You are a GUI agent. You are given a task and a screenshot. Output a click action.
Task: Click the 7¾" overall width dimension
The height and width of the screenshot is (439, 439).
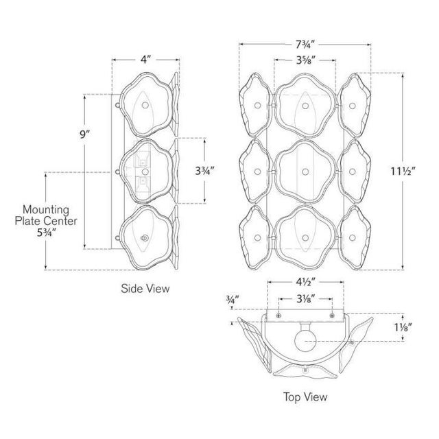(x=305, y=45)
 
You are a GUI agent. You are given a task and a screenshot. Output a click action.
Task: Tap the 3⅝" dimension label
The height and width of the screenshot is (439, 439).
(x=306, y=60)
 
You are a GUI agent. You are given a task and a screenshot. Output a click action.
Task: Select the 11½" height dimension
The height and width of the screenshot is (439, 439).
(x=403, y=171)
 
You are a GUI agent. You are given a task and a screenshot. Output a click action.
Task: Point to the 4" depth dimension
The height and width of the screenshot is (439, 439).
(x=145, y=60)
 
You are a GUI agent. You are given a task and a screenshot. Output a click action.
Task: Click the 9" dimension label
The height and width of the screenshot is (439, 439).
(x=84, y=134)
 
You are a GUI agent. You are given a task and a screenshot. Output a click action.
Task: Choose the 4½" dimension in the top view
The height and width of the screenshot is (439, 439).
(x=306, y=282)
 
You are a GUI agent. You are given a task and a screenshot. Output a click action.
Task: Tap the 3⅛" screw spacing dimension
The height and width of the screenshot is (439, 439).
(x=306, y=299)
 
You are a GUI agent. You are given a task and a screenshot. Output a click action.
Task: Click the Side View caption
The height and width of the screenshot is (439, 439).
(x=145, y=288)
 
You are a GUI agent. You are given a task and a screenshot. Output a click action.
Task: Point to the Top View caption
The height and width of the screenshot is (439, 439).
(x=305, y=396)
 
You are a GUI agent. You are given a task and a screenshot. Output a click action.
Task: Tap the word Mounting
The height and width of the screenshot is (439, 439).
(x=46, y=209)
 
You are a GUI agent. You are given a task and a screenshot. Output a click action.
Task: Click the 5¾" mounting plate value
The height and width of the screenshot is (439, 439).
(x=47, y=233)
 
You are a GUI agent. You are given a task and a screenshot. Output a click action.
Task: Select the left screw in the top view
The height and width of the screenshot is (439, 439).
(x=278, y=316)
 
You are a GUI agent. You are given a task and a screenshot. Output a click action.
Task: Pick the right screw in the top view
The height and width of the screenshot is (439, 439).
(x=332, y=316)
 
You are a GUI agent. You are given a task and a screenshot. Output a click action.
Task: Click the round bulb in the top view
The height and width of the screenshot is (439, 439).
(x=305, y=342)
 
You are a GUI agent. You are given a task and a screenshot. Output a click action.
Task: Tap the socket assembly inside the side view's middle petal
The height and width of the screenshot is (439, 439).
(x=143, y=172)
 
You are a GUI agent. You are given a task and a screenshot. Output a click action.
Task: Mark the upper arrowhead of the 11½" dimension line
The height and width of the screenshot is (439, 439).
(x=403, y=75)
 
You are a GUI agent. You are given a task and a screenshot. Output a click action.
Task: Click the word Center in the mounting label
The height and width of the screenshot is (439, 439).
(x=60, y=221)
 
